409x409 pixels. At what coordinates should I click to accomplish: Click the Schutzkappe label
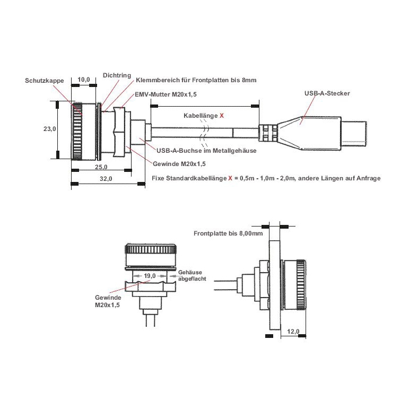pos(44,81)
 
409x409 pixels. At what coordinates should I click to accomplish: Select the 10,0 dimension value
pos(84,80)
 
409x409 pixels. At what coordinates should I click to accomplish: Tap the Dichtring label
pos(117,75)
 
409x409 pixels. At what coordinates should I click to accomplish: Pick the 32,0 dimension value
pos(106,179)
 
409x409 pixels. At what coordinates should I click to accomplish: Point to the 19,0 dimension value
pos(150,276)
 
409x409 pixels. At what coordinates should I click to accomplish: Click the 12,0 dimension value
pos(293,332)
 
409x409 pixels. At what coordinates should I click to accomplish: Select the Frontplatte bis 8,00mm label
pos(228,233)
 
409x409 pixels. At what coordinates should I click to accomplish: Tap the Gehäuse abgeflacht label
pos(190,275)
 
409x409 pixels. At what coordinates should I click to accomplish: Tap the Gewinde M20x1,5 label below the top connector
pos(179,164)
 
